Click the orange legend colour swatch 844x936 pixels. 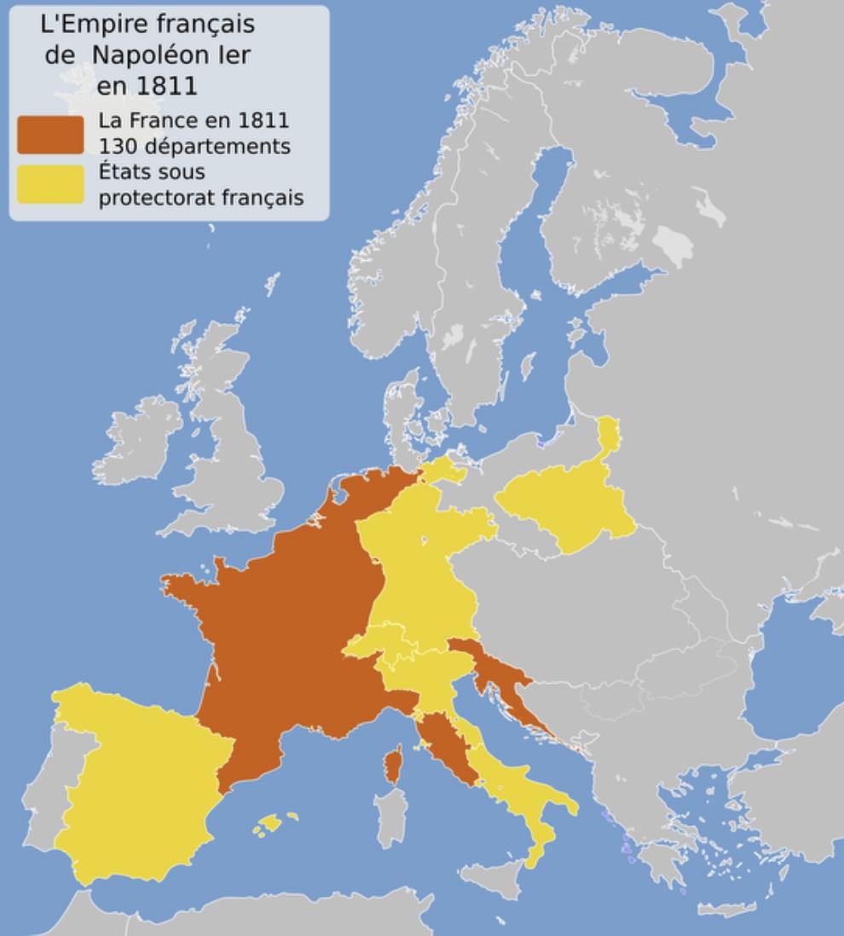(50, 134)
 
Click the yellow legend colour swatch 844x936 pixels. (50, 184)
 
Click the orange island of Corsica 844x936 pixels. (394, 764)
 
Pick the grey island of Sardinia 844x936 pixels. (390, 817)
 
